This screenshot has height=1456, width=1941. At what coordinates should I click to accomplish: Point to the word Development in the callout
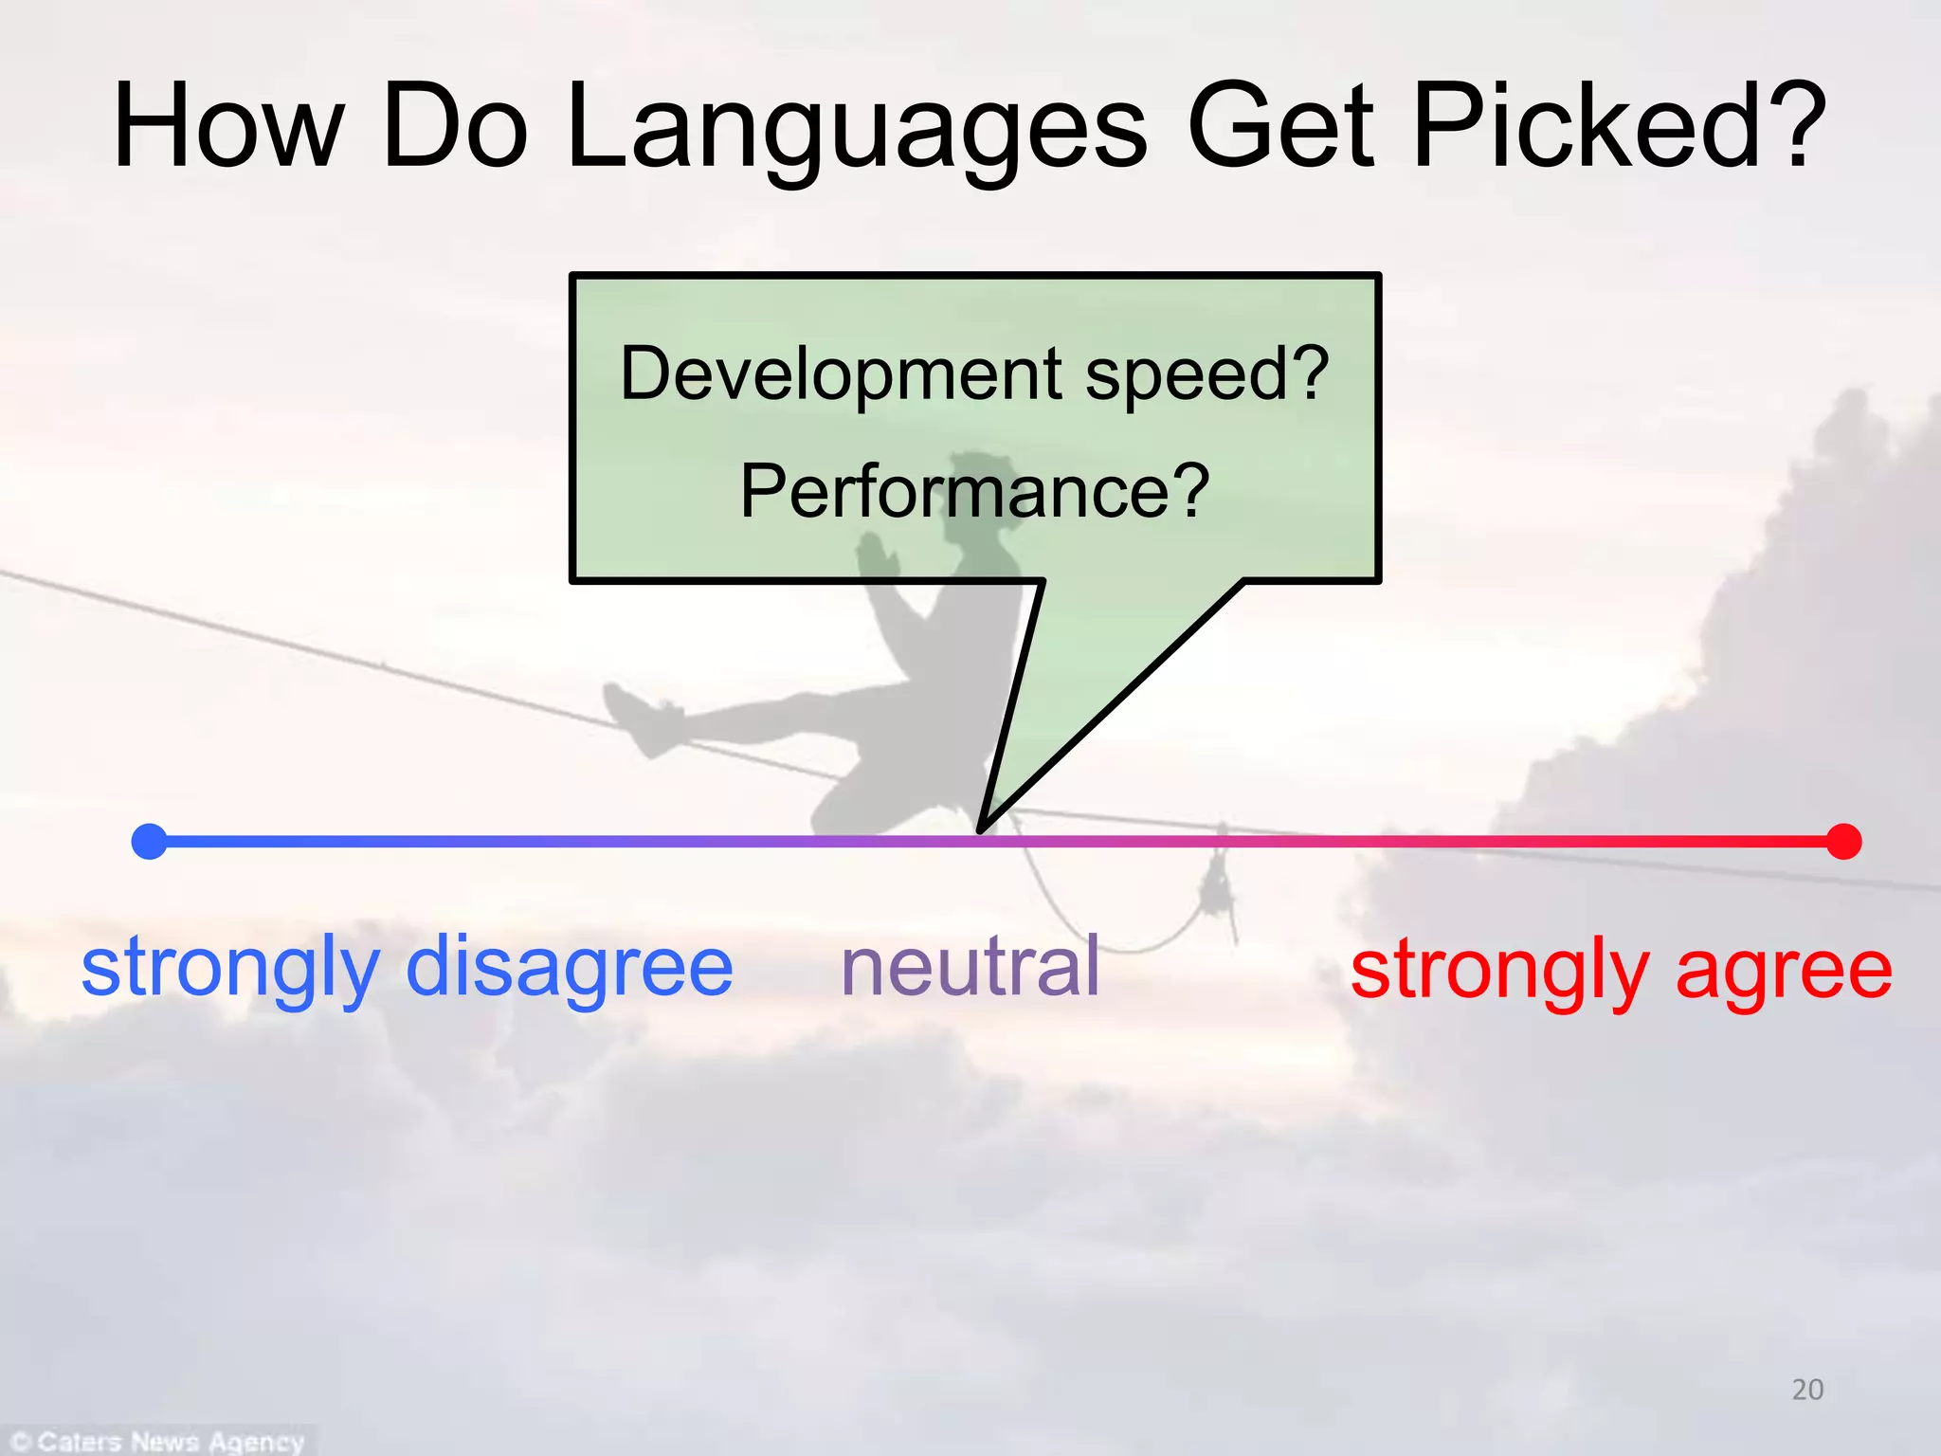[841, 374]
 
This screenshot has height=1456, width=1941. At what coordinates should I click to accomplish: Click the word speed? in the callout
[1207, 374]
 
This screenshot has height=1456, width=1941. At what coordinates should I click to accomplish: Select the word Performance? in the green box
[974, 491]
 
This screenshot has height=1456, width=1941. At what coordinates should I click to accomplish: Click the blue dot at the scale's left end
[149, 841]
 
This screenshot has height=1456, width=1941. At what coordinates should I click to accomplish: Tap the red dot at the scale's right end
[1843, 841]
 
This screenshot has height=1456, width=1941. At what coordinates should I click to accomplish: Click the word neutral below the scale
[970, 967]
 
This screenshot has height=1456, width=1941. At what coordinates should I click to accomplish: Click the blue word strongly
[230, 969]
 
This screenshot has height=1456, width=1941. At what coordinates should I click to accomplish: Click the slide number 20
[1807, 1390]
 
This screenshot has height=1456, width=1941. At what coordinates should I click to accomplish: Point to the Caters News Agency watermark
[159, 1441]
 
